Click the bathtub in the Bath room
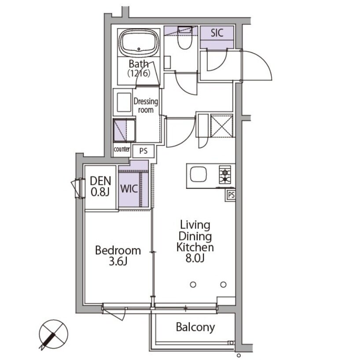139,43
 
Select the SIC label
217,33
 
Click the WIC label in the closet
129,189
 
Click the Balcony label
195,327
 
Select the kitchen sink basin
198,174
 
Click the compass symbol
53,334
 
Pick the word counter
121,149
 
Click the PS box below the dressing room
143,151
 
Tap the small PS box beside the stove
231,195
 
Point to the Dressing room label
146,106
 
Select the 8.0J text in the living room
195,258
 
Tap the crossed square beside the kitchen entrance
221,126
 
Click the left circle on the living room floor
193,285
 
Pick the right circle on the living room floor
224,285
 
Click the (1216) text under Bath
139,73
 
